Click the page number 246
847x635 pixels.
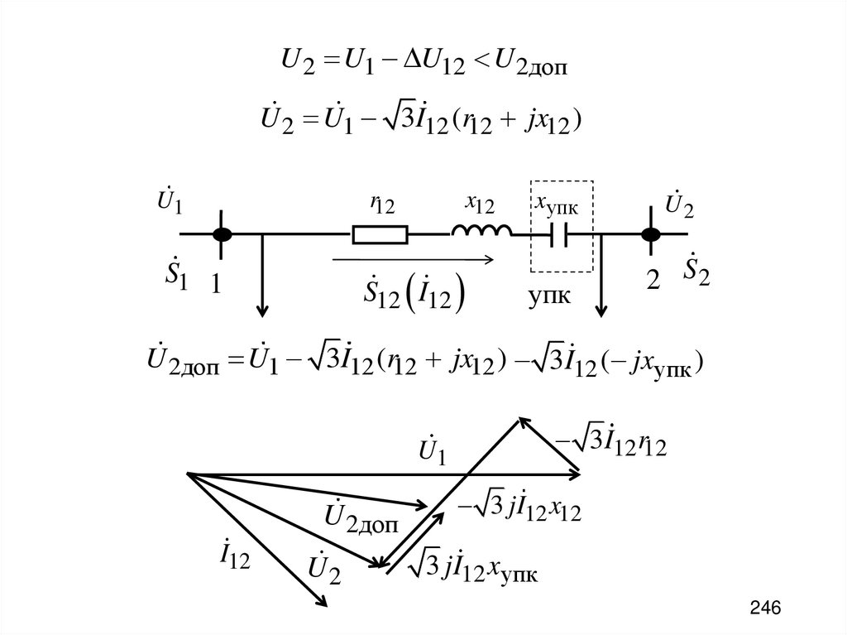click(765, 609)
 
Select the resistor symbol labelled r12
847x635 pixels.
click(380, 235)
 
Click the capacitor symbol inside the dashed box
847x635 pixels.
click(562, 236)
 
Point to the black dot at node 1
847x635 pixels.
click(221, 235)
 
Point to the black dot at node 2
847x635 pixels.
click(652, 235)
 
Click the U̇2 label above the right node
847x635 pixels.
click(679, 204)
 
